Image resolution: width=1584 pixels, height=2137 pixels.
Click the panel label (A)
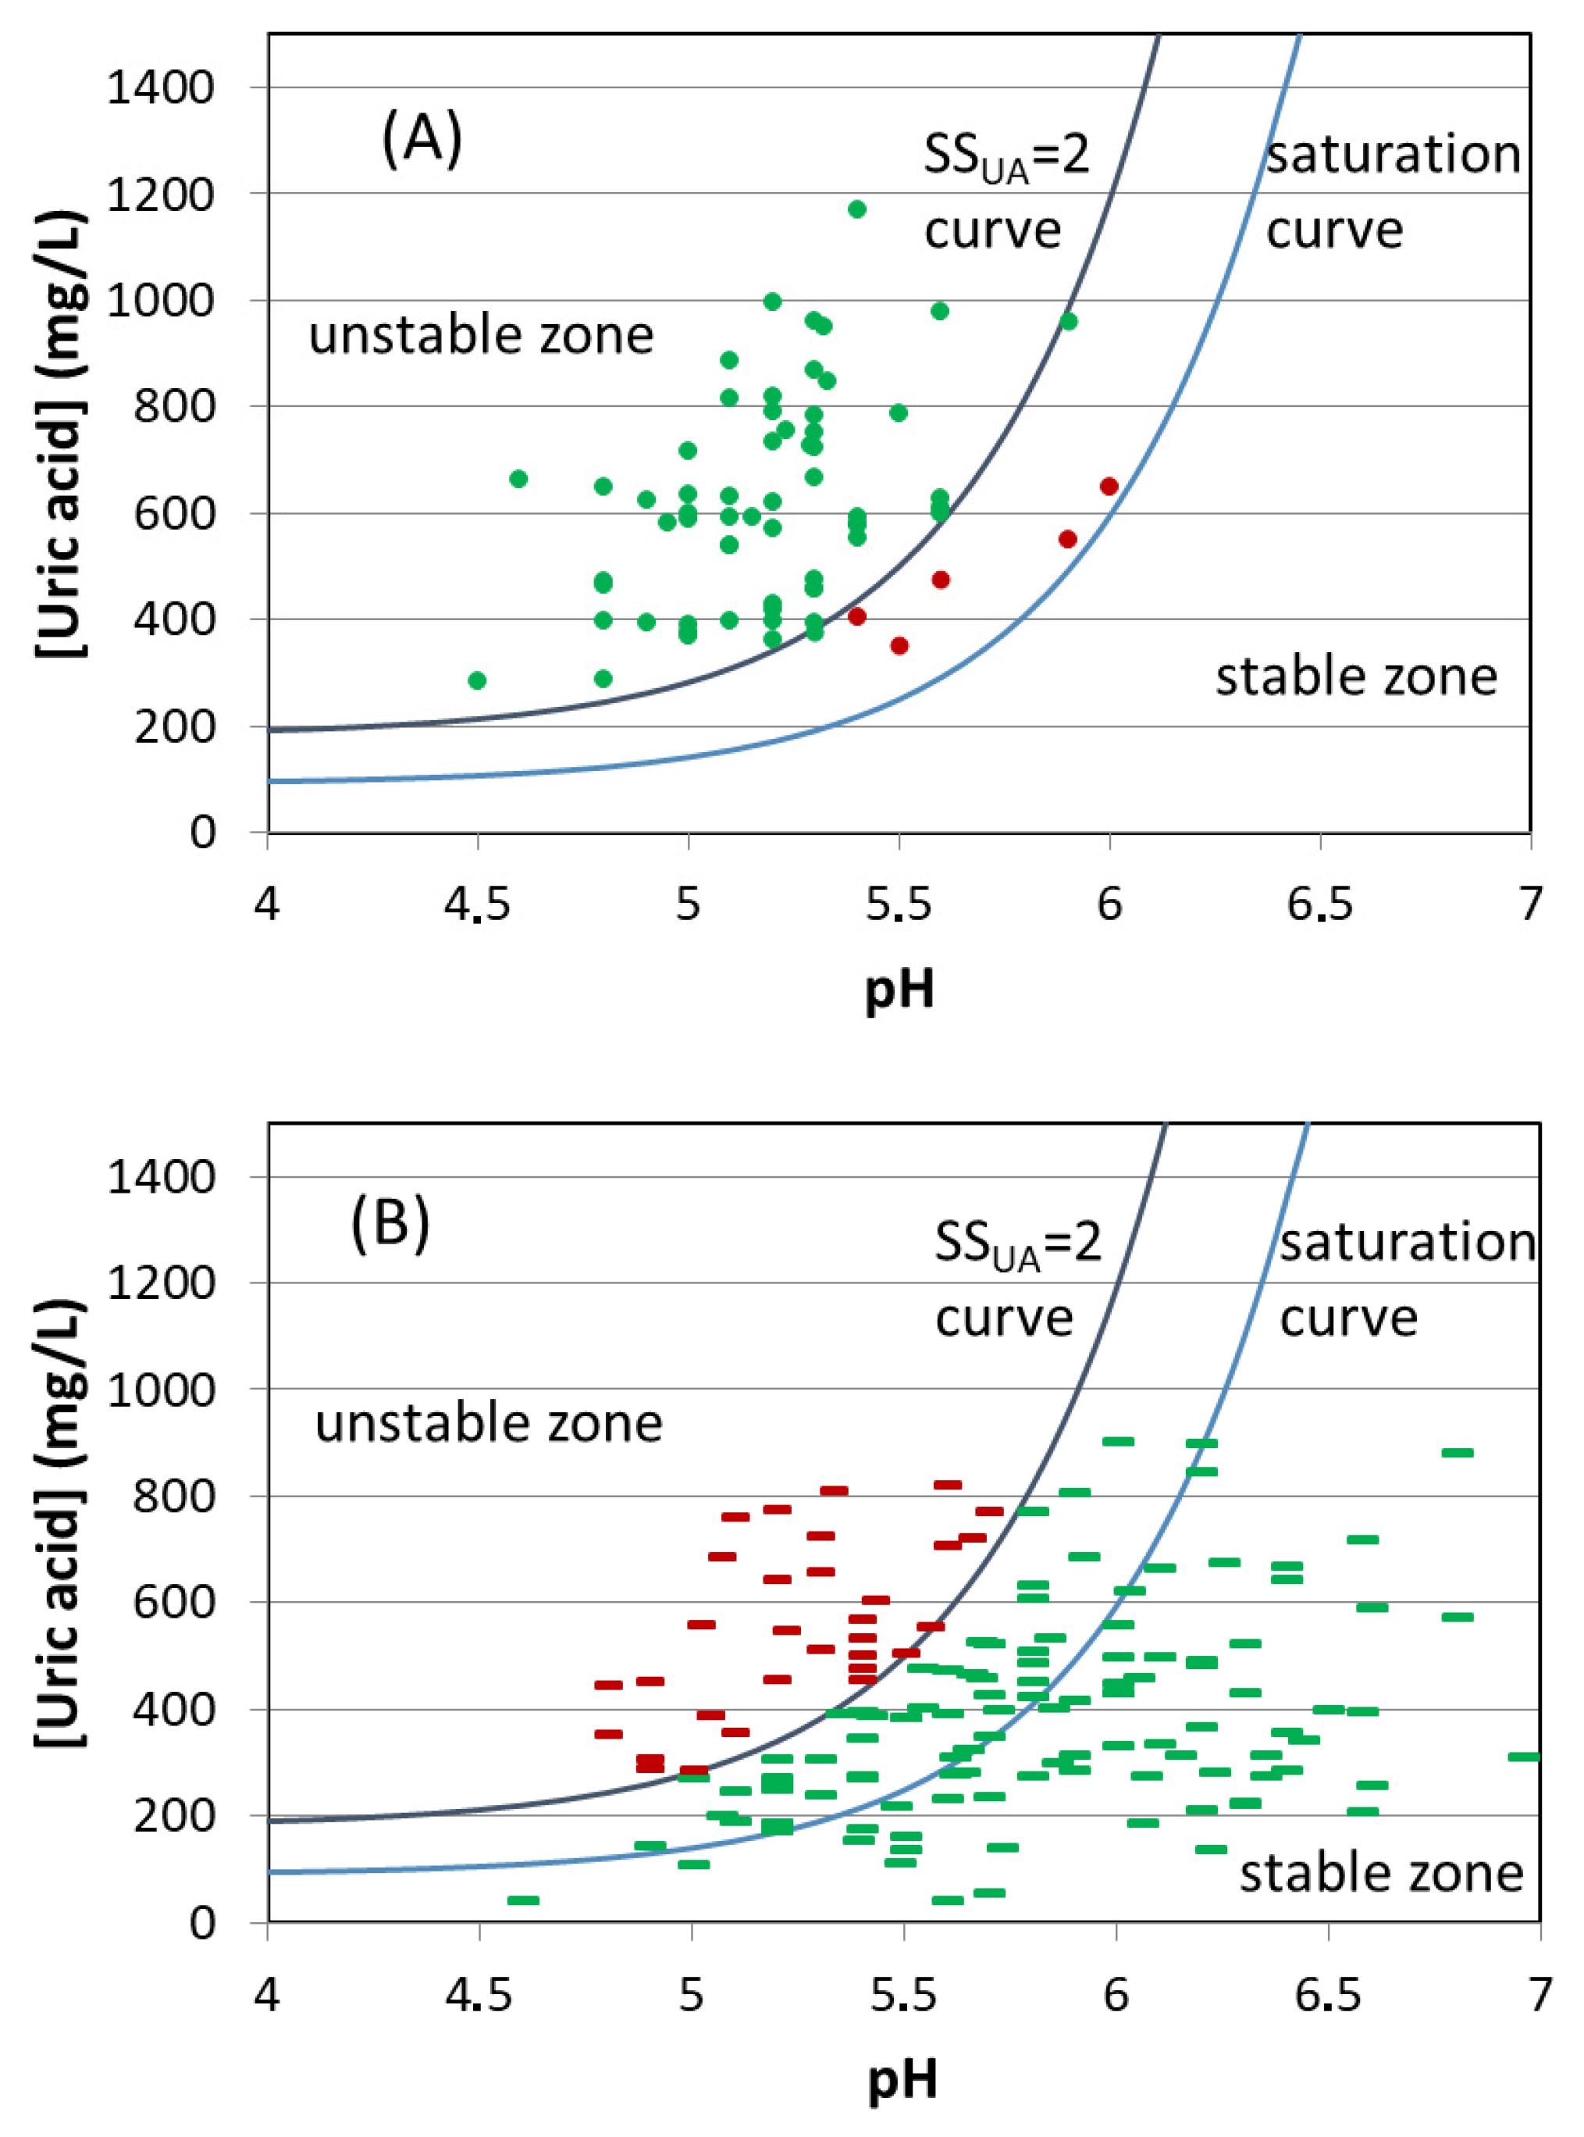(422, 138)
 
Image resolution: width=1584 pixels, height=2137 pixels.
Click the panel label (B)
(390, 1224)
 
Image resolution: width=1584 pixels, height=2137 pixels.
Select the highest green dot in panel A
(857, 209)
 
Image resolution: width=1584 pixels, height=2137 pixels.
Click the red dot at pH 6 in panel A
(1109, 487)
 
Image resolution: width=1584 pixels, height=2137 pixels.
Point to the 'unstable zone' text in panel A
(482, 335)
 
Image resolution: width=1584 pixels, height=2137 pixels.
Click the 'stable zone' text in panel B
(1381, 1872)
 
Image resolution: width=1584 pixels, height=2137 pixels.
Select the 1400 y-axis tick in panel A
(161, 88)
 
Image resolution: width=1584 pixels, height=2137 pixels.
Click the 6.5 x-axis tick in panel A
(1319, 904)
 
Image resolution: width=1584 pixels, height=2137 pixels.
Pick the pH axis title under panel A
(899, 987)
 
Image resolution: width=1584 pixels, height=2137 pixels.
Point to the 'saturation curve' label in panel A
(1392, 192)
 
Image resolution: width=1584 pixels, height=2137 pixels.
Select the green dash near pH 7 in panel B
(1524, 1756)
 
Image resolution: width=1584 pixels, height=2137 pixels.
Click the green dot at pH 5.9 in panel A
(1068, 321)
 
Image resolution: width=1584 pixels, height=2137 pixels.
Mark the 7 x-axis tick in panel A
(1530, 904)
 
